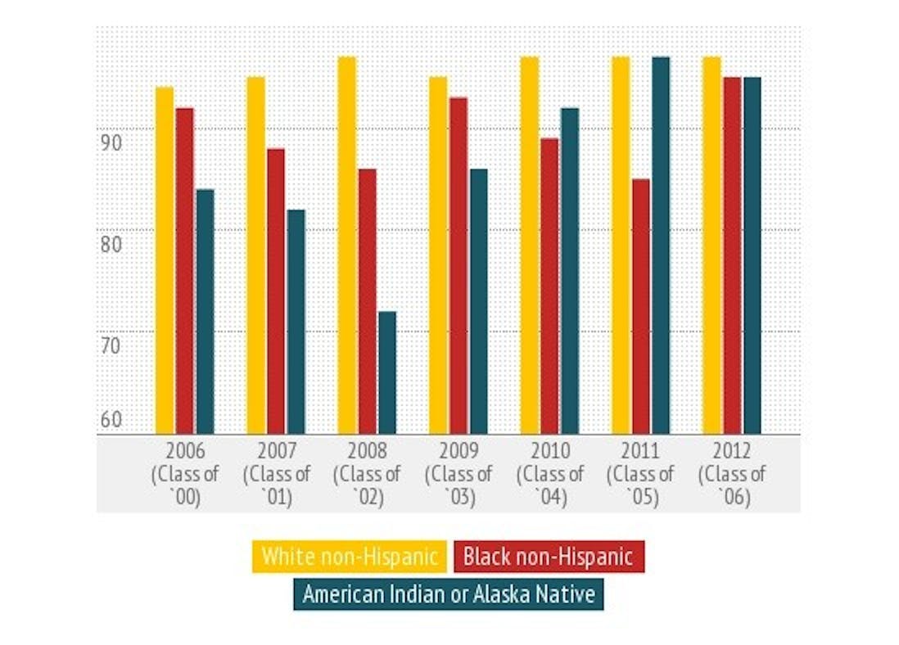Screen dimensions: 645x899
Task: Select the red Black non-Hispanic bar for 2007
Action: point(276,291)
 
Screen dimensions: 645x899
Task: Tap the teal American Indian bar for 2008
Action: point(387,372)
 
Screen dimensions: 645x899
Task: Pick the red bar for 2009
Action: point(459,265)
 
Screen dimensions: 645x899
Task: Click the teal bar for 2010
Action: point(570,271)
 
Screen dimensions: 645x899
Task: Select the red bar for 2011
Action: point(641,306)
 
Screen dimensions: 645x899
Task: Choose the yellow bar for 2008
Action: point(347,245)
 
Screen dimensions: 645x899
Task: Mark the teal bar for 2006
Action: point(205,311)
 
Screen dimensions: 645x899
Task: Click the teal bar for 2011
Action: point(661,245)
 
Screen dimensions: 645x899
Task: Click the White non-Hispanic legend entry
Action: point(350,557)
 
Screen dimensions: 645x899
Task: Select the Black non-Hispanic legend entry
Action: point(548,557)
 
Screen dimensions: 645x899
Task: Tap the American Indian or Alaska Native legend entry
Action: point(448,594)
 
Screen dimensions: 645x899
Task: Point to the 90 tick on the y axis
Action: point(111,142)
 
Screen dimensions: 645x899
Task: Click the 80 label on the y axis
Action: point(111,243)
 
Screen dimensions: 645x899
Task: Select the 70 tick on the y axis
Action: point(111,345)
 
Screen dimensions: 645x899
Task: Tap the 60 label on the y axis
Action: point(111,421)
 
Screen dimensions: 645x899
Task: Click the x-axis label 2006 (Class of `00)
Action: point(185,473)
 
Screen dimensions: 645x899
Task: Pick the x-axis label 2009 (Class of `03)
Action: point(460,473)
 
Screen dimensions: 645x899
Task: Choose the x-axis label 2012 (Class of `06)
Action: point(733,473)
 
